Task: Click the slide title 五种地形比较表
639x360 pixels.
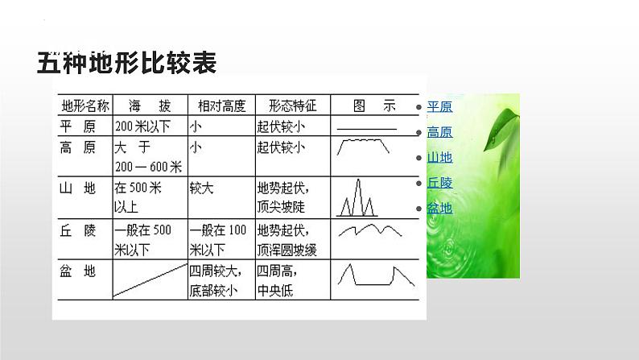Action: (x=126, y=63)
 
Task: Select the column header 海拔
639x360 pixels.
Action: (x=150, y=106)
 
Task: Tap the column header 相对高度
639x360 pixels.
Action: (x=221, y=106)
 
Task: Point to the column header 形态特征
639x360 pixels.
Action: (x=293, y=106)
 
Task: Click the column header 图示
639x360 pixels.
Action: (x=374, y=106)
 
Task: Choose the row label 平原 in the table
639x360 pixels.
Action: (x=77, y=126)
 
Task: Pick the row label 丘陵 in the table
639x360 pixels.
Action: (x=77, y=231)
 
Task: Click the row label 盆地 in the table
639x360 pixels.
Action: (x=77, y=271)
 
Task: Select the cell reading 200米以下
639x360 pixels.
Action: (x=142, y=126)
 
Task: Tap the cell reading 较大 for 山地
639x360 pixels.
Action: (x=201, y=188)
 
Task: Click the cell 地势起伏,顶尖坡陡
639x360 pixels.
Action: (x=282, y=198)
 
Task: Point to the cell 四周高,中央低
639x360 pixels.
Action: (x=277, y=280)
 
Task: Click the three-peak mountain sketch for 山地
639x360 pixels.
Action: (x=357, y=198)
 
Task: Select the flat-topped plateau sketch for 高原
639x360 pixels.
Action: (x=363, y=147)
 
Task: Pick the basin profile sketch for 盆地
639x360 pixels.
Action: (x=376, y=275)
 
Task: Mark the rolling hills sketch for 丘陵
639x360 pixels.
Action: (x=370, y=230)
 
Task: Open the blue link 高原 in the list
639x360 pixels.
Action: (x=439, y=132)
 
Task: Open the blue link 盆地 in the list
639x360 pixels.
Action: (x=439, y=209)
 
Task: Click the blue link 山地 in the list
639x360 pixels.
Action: (x=439, y=157)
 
